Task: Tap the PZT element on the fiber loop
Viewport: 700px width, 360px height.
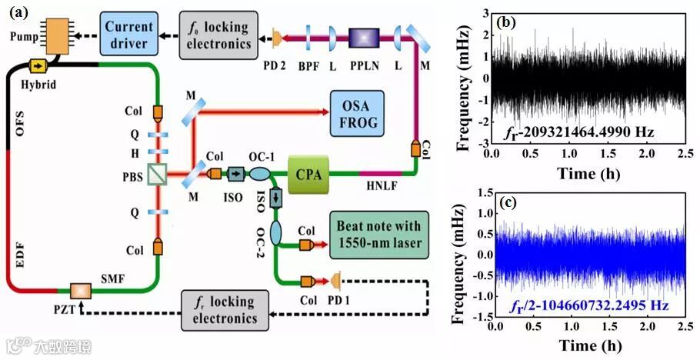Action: click(x=79, y=292)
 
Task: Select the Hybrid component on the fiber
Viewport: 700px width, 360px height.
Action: click(x=36, y=65)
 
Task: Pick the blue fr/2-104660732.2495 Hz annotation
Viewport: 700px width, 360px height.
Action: click(x=587, y=305)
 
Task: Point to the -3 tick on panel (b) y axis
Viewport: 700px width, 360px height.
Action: click(x=482, y=143)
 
